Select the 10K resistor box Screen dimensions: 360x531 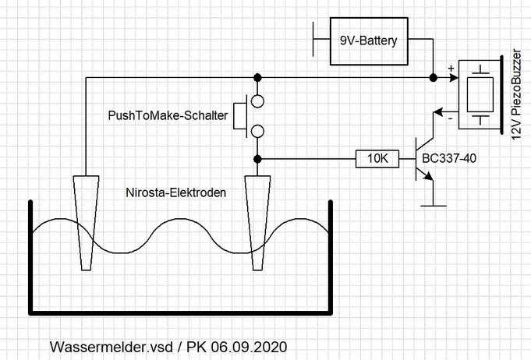(x=377, y=159)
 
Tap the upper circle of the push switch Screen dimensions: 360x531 (x=257, y=101)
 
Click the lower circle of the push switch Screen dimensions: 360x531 (x=257, y=130)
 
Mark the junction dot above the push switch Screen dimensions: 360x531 (x=257, y=78)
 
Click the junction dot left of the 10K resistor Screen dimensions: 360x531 (x=257, y=159)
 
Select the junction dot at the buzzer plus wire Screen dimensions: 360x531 (x=433, y=78)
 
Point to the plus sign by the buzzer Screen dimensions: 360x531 (x=451, y=70)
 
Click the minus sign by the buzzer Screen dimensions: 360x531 (x=450, y=118)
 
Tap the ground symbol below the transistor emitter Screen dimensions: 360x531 (x=433, y=206)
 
